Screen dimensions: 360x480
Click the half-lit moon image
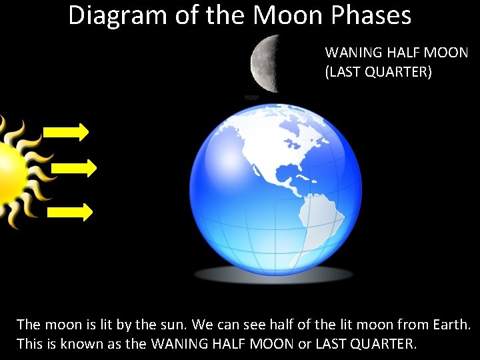point(265,64)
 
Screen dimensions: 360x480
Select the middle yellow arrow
point(73,168)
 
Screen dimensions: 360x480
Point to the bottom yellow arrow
point(69,212)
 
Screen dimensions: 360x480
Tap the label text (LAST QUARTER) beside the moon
point(378,72)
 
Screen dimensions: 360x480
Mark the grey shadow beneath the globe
point(273,274)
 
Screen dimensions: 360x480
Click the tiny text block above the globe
point(251,98)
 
